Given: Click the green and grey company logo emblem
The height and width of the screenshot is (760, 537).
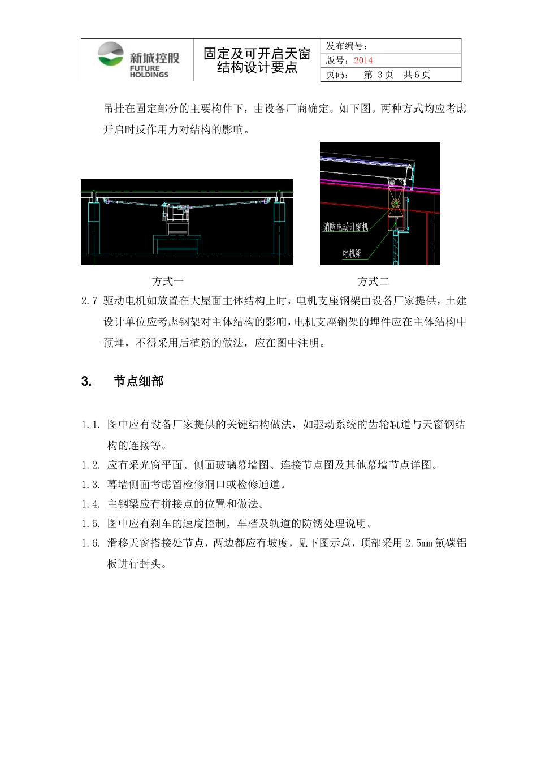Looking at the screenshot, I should (x=110, y=54).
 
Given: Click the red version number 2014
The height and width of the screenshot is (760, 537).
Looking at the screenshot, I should (x=363, y=61).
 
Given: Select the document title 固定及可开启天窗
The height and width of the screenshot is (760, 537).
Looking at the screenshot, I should (x=257, y=54).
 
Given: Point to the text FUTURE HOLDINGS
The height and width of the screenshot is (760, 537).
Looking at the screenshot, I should (x=149, y=71).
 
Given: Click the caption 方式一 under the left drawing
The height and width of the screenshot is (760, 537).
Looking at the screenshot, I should (x=168, y=281).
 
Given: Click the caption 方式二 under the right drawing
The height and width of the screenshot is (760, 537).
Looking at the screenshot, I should (x=373, y=281).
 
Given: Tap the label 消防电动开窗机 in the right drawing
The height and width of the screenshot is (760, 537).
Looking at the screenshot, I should (x=345, y=227).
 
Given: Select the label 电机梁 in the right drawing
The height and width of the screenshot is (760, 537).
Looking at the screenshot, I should (x=352, y=253).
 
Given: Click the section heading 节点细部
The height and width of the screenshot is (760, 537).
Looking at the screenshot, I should (x=138, y=381).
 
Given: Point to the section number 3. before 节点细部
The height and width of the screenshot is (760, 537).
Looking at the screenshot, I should (x=86, y=381).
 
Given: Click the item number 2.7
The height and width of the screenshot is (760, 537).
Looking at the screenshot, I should (x=89, y=301).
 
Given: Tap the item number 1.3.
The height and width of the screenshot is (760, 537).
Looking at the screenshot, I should (x=91, y=485).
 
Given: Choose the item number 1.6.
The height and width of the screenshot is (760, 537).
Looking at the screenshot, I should (x=91, y=543).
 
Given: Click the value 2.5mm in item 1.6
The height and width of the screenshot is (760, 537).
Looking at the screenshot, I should (x=418, y=543).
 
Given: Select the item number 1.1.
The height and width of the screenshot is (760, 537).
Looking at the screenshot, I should (x=91, y=425).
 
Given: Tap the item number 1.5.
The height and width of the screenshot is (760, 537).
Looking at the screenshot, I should (x=91, y=524).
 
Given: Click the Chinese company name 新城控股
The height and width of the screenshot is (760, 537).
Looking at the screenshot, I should (x=154, y=58).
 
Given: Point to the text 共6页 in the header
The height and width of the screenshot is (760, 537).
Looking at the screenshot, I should (x=417, y=75).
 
